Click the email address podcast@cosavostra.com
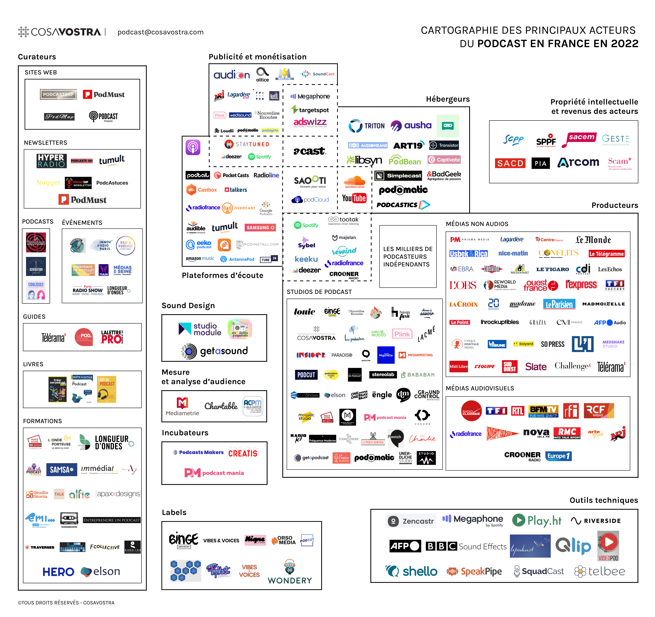(x=160, y=32)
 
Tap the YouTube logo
(x=354, y=198)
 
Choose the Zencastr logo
(x=410, y=521)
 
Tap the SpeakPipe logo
(x=474, y=571)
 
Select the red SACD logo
(x=510, y=163)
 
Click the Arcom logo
(x=578, y=162)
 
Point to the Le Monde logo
(x=593, y=239)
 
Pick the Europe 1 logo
(x=558, y=456)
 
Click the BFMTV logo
(x=543, y=411)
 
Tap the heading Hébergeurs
(x=447, y=99)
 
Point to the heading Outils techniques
(x=604, y=500)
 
